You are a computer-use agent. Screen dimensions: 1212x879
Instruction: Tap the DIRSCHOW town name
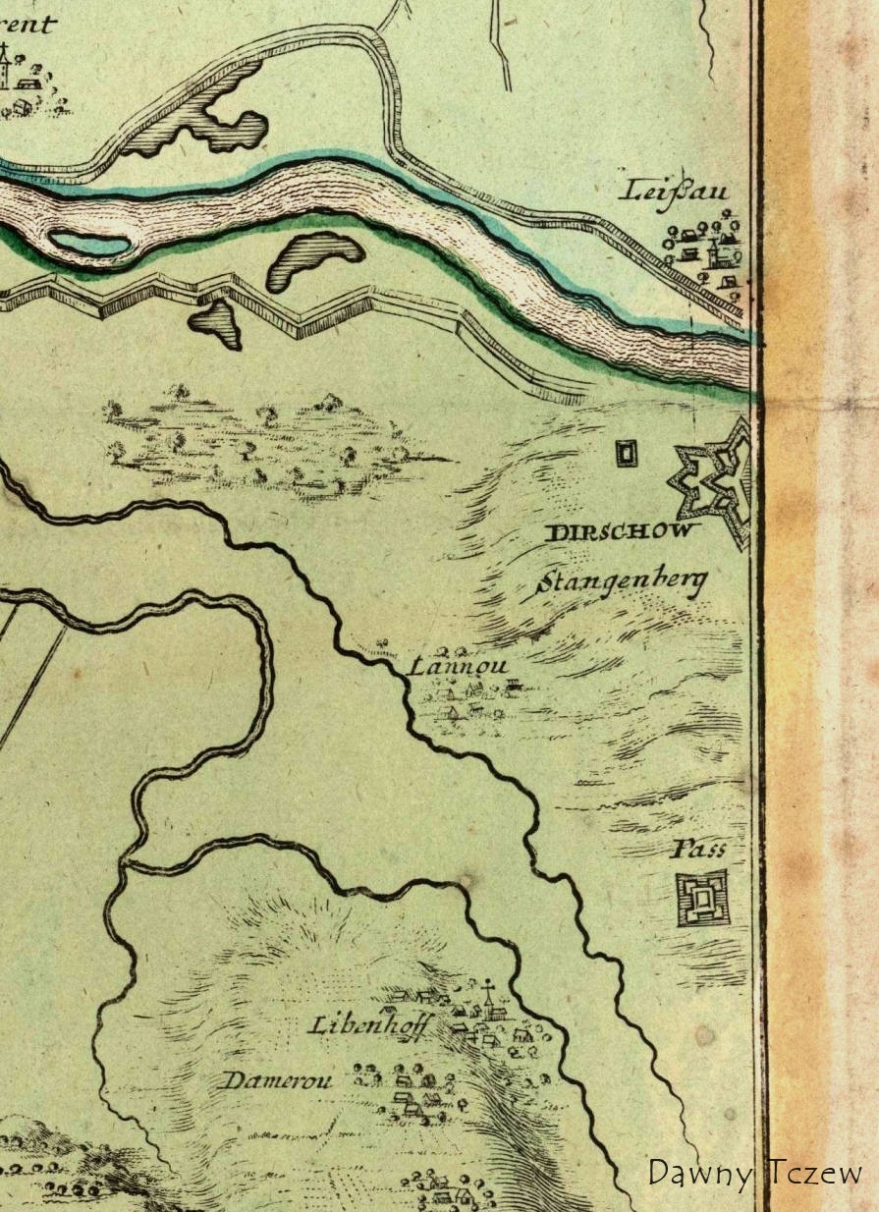click(623, 533)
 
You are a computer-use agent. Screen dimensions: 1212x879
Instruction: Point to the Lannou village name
click(457, 667)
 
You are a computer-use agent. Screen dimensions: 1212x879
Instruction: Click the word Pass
click(699, 849)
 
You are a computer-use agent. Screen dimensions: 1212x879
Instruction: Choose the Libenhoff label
click(368, 1025)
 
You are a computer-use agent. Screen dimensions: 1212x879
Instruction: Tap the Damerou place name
click(278, 1081)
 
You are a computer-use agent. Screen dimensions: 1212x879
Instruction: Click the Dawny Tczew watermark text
click(754, 1172)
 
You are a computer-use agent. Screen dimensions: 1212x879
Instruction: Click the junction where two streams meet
click(126, 863)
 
